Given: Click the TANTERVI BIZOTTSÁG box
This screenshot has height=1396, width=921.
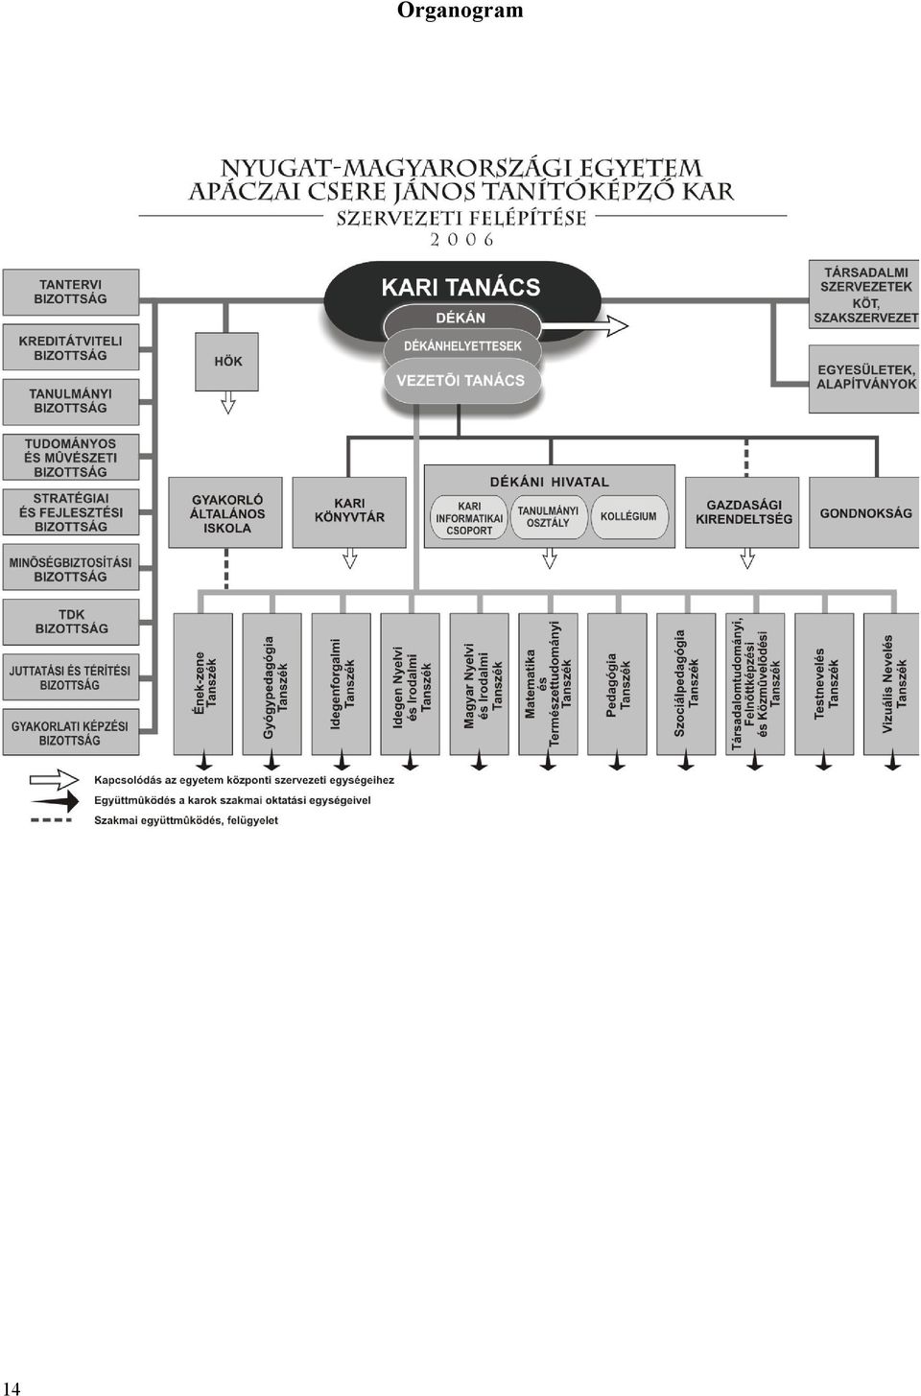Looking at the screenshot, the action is point(71,292).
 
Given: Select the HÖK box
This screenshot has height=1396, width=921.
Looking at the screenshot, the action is point(226,362).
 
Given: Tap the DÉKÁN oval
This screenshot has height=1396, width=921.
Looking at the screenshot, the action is point(461,318).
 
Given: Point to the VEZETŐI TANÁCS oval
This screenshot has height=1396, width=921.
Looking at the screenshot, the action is point(461,380).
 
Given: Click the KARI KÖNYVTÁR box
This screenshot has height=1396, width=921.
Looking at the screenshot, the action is point(349,512).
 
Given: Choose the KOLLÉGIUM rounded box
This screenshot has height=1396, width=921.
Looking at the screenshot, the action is point(629,516).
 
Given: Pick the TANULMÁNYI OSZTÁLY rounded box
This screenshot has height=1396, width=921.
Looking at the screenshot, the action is point(549,516).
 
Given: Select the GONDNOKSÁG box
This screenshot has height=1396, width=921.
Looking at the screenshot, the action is point(865,512).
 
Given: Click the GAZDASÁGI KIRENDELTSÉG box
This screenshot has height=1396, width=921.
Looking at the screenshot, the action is point(743,512).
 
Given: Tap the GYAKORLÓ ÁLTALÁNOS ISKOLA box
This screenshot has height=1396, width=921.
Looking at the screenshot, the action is point(225,512).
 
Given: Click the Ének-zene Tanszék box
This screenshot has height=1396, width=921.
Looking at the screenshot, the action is point(203,684).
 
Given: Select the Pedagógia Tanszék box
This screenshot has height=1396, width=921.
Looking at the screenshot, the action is point(617,684).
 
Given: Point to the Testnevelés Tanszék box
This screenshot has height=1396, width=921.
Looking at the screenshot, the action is point(824,684).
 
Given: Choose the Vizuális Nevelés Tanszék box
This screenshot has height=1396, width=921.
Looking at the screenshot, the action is point(892,684).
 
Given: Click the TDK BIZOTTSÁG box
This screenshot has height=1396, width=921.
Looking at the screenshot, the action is point(71,622).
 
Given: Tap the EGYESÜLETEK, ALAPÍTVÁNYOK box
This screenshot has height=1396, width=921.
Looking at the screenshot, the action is point(865,378).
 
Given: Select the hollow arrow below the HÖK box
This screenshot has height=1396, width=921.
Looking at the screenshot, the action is point(228,403).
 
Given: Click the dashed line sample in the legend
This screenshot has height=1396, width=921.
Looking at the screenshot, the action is point(51,820).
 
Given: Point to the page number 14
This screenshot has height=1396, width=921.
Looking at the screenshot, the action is point(12,1388).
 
